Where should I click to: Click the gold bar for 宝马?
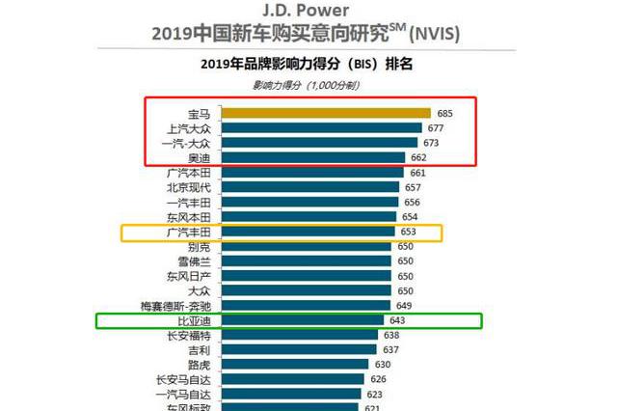(x=327, y=113)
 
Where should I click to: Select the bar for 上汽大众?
(x=322, y=127)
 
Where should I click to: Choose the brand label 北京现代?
(x=189, y=187)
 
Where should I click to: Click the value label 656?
(x=413, y=203)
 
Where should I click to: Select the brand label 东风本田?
(x=189, y=217)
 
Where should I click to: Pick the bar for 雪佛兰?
(x=308, y=261)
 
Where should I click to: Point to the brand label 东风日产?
(x=189, y=277)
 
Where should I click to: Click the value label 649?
(x=405, y=306)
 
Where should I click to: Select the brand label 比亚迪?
(x=194, y=320)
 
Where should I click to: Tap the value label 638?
(x=390, y=336)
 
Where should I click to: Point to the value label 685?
(x=444, y=113)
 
